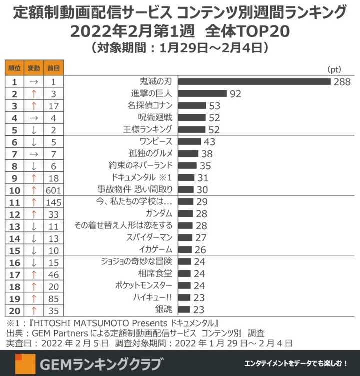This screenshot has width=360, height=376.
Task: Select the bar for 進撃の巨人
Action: tap(202, 93)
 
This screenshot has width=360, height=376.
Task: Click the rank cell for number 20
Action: tap(15, 310)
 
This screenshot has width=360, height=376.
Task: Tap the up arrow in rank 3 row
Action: tap(33, 106)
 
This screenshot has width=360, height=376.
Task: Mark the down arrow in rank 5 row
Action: tap(33, 130)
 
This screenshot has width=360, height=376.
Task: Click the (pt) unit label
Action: tap(334, 69)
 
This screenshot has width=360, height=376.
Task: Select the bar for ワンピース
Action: tap(189, 142)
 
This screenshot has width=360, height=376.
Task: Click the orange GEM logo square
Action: tap(25, 362)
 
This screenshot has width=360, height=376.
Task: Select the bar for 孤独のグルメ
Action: tap(188, 153)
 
